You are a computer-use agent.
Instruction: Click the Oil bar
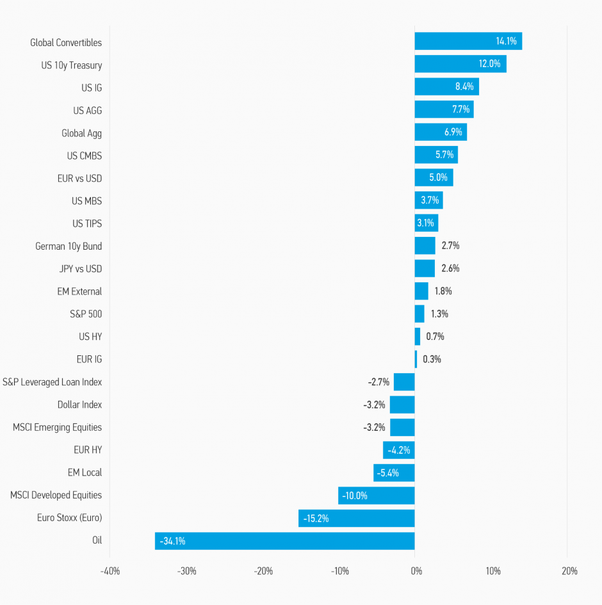point(284,541)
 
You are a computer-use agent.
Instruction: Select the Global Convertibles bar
point(468,42)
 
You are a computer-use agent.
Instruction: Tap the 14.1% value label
point(506,42)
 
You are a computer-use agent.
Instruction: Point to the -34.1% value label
point(173,541)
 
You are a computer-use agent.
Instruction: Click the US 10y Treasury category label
point(71,65)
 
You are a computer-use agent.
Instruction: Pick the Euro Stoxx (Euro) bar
point(356,518)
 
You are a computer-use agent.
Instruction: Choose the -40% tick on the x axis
point(110,571)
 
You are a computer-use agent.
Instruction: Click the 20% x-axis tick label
point(569,571)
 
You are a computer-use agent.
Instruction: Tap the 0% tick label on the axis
point(416,571)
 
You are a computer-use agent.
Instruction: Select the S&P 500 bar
point(419,314)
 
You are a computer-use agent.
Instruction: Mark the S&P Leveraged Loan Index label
point(52,382)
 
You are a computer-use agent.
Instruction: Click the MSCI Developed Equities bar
point(376,496)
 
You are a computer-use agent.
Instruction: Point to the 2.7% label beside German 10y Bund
point(450,246)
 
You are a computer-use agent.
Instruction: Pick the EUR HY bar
point(398,450)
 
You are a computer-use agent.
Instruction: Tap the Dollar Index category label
point(79,405)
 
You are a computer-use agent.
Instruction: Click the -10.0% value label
point(355,496)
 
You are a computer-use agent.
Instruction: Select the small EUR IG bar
point(416,359)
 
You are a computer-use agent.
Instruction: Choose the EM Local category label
point(85,472)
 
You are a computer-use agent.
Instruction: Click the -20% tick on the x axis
point(263,571)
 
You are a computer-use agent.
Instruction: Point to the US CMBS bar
point(436,155)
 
